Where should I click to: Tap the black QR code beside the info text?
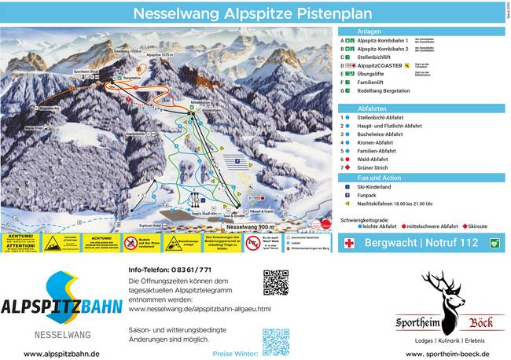275,282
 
